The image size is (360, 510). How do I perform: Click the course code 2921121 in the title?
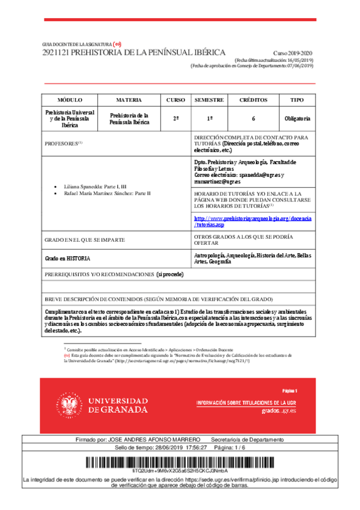(x=55, y=53)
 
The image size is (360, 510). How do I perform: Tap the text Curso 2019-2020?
(x=293, y=54)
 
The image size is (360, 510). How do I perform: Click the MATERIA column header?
(x=129, y=100)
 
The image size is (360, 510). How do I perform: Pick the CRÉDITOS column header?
(x=254, y=100)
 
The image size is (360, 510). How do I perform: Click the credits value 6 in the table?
(x=254, y=119)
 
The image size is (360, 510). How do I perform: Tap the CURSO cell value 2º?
(x=175, y=119)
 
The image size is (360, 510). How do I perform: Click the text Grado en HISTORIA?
(x=68, y=258)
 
